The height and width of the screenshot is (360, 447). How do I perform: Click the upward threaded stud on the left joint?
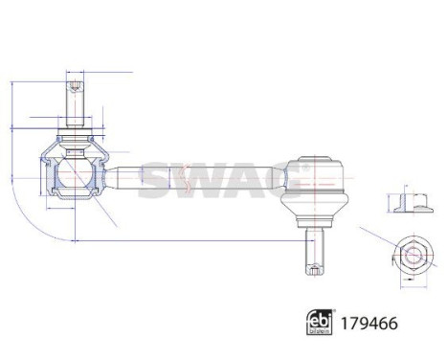(x=74, y=97)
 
